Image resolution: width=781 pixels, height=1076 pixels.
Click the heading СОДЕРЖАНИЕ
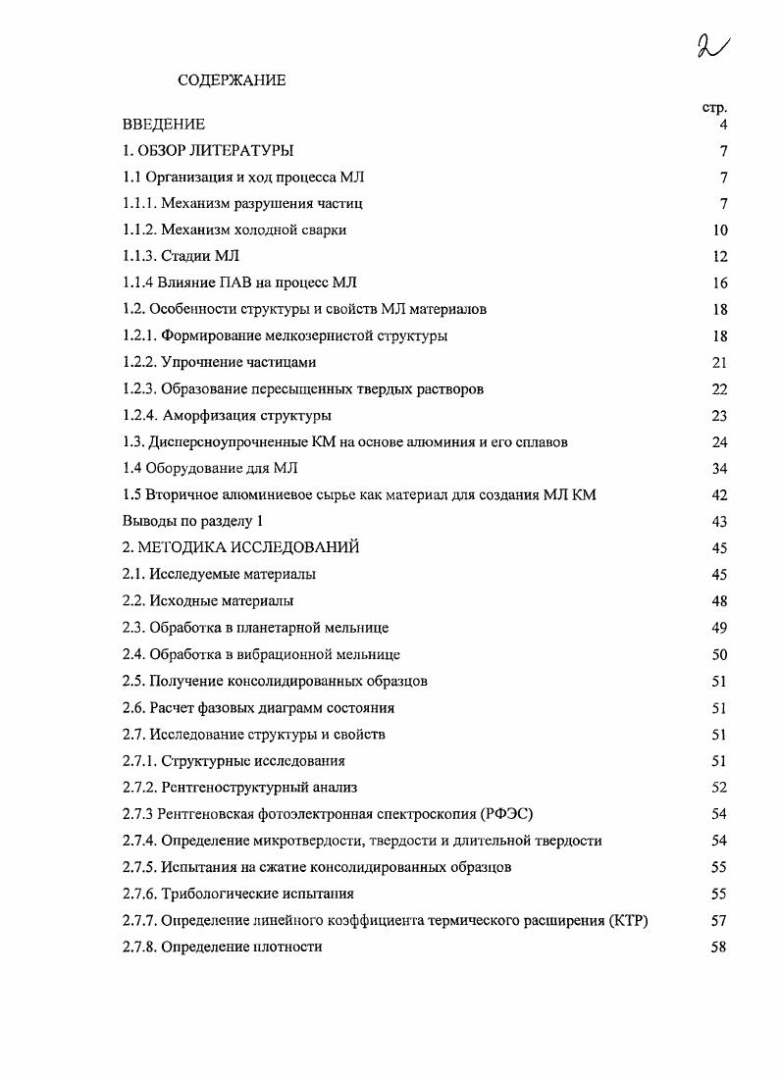pos(232,80)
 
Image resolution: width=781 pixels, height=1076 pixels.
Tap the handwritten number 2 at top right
pos(713,45)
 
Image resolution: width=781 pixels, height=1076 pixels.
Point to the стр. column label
pos(714,107)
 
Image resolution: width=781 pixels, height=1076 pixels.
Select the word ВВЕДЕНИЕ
pos(164,125)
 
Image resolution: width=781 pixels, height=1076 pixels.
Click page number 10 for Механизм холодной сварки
pos(720,231)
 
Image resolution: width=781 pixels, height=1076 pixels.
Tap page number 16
pos(720,283)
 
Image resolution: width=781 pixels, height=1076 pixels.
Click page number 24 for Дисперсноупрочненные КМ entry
pos(720,442)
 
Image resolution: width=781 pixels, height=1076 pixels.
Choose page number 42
pos(720,495)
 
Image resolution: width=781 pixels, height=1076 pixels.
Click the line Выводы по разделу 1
pos(193,522)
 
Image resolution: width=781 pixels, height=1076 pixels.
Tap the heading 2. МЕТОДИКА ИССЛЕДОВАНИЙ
pos(241,548)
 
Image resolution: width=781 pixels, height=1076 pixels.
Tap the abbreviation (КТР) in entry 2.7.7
pos(628,920)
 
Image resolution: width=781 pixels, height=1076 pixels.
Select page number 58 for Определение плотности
pos(720,947)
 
